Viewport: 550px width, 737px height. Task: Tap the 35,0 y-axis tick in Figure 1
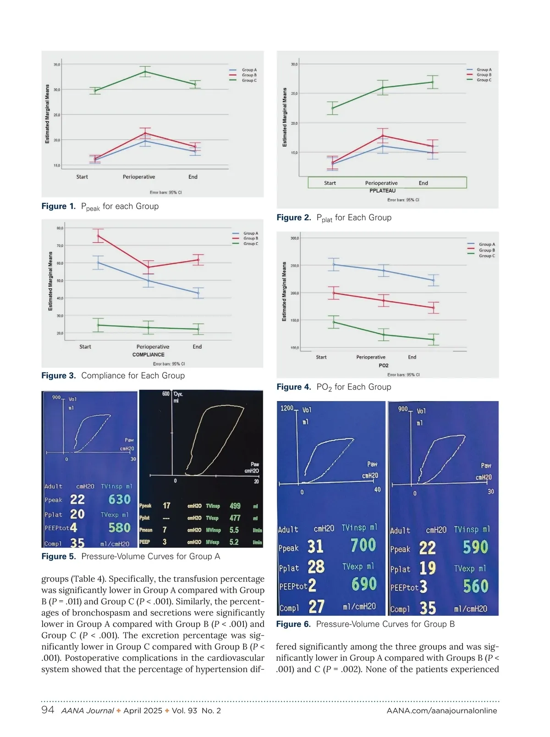[x=56, y=65]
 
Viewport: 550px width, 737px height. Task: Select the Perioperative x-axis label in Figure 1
[x=139, y=177]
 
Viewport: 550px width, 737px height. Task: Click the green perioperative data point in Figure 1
[x=145, y=72]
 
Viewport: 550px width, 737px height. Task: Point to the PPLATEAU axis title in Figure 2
[x=382, y=190]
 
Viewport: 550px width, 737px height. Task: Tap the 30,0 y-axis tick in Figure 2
[x=294, y=64]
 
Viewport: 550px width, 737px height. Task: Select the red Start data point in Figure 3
[x=98, y=236]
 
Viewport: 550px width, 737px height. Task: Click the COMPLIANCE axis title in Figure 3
[x=148, y=355]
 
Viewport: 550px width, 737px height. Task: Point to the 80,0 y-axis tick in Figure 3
[x=60, y=228]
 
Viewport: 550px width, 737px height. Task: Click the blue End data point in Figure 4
[x=433, y=280]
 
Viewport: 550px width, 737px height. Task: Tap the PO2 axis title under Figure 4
[x=384, y=366]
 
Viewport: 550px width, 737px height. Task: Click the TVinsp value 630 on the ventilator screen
[x=119, y=499]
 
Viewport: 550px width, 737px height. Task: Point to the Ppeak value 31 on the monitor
[x=315, y=546]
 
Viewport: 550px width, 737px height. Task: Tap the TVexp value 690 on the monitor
[x=364, y=584]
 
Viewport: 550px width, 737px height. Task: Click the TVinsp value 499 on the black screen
[x=235, y=506]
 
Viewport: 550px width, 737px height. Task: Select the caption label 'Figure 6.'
[x=293, y=624]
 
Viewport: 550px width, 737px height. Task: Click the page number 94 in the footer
[x=48, y=710]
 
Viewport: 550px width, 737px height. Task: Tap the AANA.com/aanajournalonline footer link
[x=442, y=711]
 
